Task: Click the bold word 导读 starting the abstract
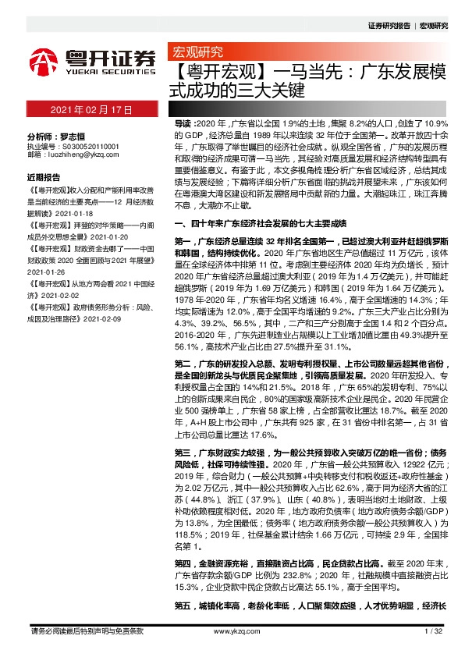(181, 125)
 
